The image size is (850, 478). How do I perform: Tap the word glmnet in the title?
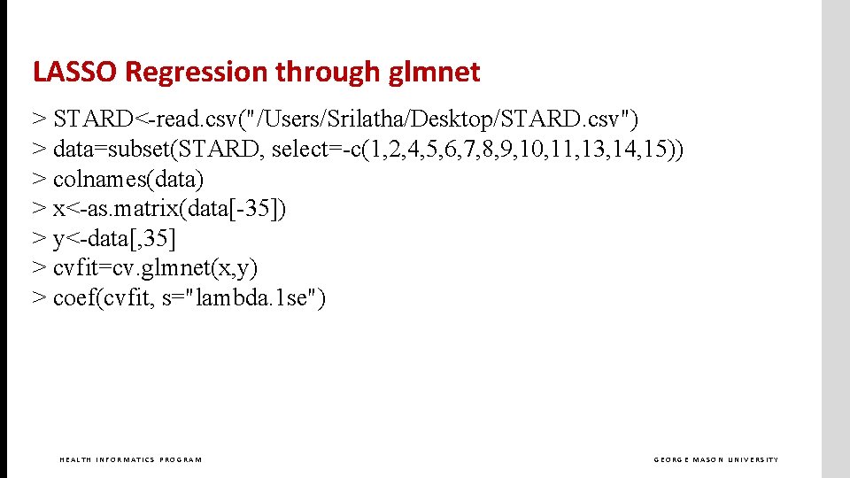click(434, 72)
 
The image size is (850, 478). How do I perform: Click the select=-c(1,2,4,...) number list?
click(477, 150)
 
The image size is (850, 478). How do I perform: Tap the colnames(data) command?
click(128, 180)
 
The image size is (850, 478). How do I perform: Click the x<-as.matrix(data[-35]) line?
click(169, 209)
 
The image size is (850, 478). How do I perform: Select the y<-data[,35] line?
click(114, 239)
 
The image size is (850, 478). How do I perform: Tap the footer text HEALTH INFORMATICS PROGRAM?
click(130, 459)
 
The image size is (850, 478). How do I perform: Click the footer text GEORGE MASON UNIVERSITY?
click(716, 459)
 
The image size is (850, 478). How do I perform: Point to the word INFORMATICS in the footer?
click(124, 459)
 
